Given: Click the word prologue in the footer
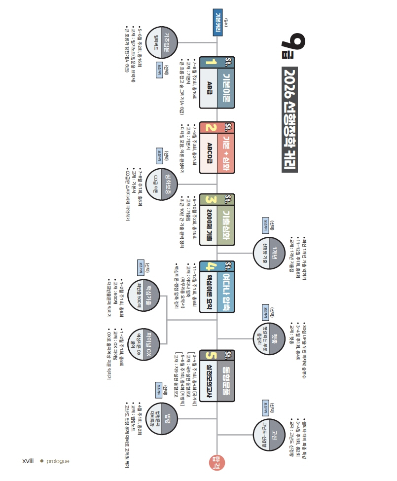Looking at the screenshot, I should [x=59, y=461].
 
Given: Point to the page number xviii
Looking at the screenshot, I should [x=28, y=461].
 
